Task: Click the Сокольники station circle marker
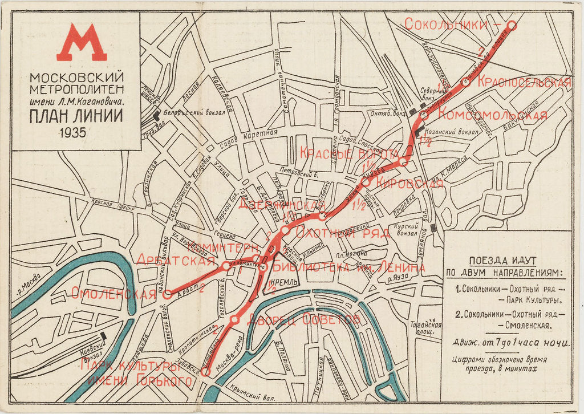click(x=512, y=25)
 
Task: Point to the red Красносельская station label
click(x=524, y=82)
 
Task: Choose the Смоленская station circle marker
click(x=167, y=294)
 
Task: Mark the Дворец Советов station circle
click(x=234, y=320)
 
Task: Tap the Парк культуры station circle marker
click(x=206, y=371)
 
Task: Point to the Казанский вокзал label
click(x=449, y=132)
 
